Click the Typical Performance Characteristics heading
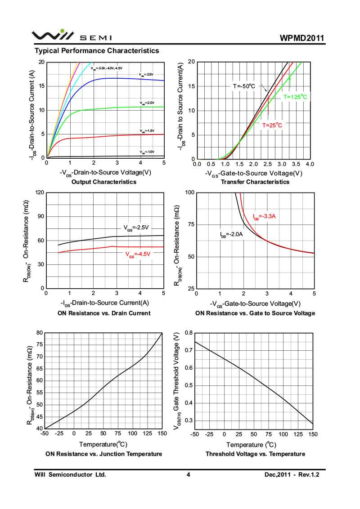[x=97, y=51]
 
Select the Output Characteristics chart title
[x=104, y=182]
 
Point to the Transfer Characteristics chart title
[x=255, y=182]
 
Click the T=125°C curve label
[x=295, y=97]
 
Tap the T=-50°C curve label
[x=244, y=85]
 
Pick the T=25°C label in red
[x=272, y=125]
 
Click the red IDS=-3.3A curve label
[x=264, y=217]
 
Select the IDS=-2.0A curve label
[x=231, y=235]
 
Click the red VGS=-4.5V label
[x=137, y=254]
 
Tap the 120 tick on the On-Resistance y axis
[x=39, y=192]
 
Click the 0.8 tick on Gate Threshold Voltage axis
[x=188, y=333]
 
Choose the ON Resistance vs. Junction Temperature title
[x=104, y=454]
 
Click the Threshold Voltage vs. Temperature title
[x=255, y=454]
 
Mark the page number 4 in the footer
[x=189, y=475]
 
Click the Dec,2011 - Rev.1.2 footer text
[x=294, y=475]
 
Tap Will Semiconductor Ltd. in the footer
[x=70, y=475]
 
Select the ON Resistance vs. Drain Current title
[x=104, y=313]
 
